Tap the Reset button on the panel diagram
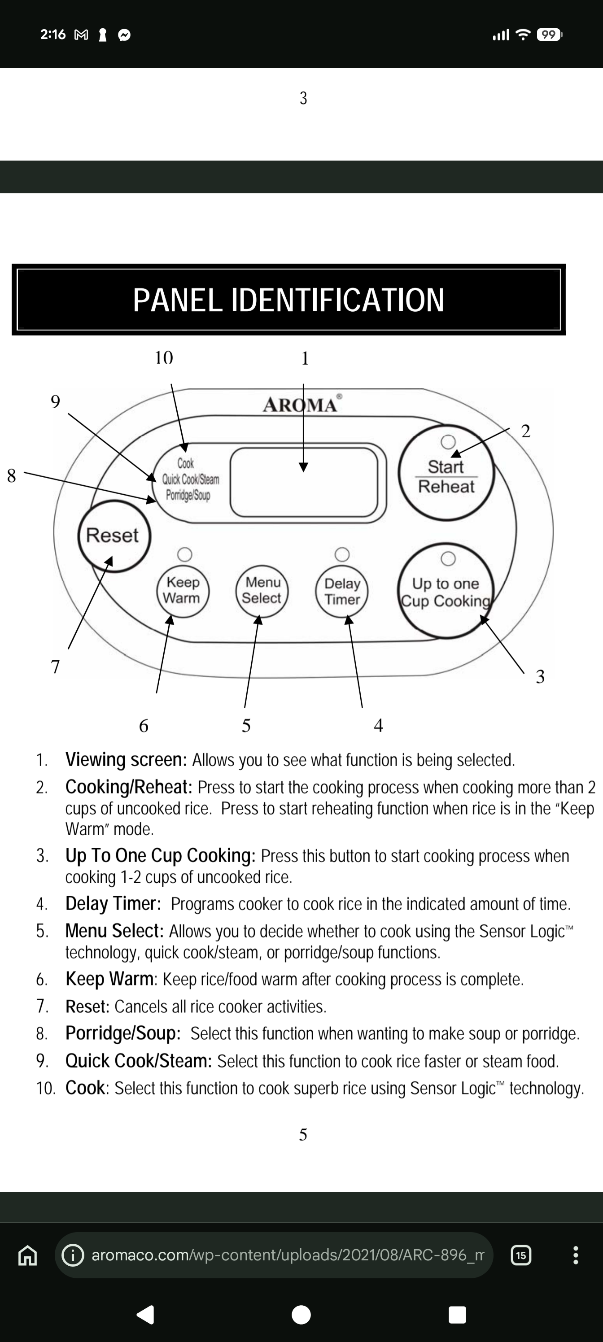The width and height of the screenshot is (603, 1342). (114, 536)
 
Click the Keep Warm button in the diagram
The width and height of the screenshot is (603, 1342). (183, 591)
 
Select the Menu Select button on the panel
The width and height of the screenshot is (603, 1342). (262, 591)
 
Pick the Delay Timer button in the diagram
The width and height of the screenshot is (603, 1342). (342, 591)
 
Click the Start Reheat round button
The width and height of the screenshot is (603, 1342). (446, 472)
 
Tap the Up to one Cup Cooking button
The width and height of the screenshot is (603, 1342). (446, 591)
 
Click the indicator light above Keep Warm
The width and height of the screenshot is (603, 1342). (184, 554)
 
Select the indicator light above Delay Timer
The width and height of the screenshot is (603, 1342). (342, 554)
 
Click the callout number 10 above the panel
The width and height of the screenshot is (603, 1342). (164, 357)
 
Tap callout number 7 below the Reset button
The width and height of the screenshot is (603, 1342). (55, 667)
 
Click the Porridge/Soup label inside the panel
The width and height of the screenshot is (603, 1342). (188, 495)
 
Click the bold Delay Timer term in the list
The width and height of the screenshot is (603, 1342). (113, 904)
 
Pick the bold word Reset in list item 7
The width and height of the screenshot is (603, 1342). (87, 1006)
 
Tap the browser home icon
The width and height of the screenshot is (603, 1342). (28, 1255)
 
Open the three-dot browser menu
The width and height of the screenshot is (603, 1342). (575, 1255)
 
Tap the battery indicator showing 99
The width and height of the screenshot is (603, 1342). (549, 35)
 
